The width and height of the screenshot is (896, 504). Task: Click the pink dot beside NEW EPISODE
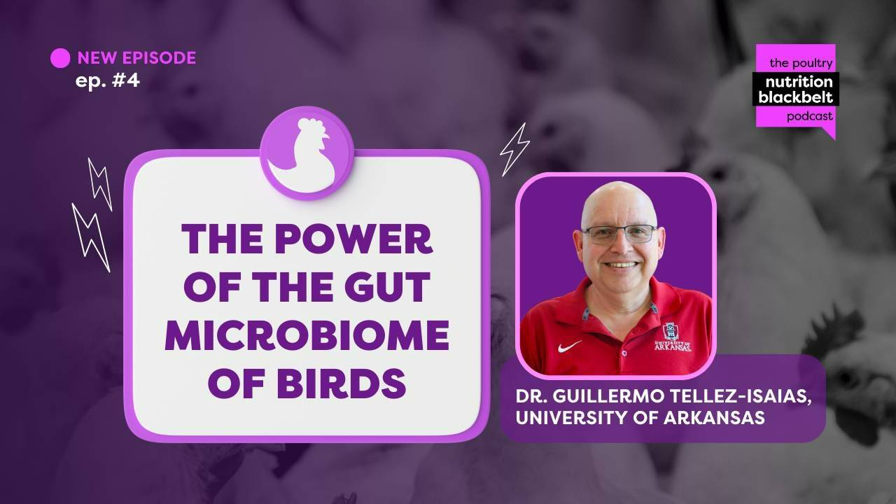(60, 58)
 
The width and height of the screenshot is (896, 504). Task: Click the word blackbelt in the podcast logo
(795, 98)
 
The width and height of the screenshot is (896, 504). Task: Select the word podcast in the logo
(809, 116)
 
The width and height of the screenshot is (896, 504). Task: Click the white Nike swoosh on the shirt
(570, 345)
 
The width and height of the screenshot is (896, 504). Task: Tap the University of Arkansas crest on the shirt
(671, 333)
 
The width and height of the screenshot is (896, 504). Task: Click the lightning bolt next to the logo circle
(514, 148)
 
